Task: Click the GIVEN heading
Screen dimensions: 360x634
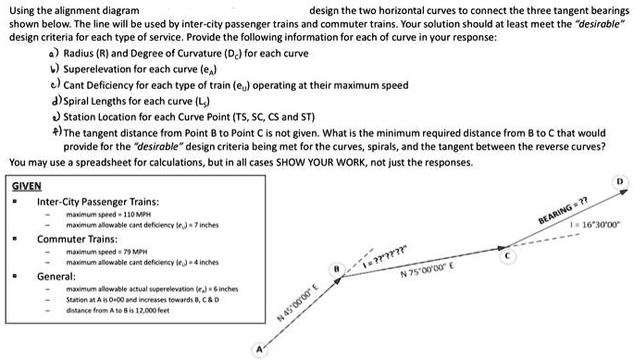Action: pos(27,186)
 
